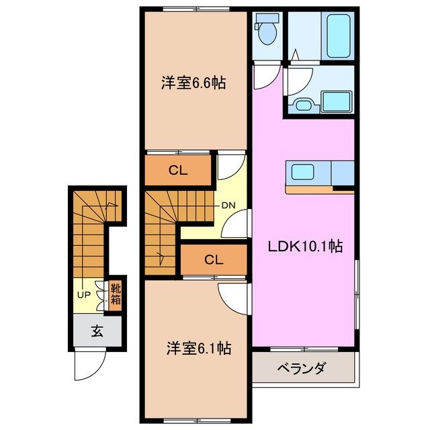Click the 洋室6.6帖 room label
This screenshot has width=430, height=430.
pos(192,84)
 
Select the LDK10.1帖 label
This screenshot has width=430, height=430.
pos(306,246)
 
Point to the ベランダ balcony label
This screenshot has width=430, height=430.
pos(302,368)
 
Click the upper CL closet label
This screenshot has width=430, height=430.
pos(177,170)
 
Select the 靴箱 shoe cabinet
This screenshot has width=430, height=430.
pos(116,294)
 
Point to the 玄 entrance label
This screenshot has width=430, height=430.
pos(97,331)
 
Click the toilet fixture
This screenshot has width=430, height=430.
pos(267,30)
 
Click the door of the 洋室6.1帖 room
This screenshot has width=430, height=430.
pos(232,298)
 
